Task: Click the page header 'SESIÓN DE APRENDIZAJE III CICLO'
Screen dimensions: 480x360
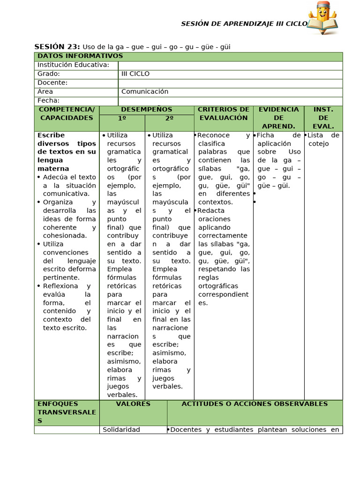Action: click(244, 24)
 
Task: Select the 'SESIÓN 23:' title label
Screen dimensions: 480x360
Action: click(57, 46)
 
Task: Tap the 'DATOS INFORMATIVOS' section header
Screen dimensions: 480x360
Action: click(80, 56)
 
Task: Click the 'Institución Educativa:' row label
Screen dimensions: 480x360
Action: click(73, 65)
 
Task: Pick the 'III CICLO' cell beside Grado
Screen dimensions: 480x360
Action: click(135, 74)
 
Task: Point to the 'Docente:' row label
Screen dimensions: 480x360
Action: click(52, 83)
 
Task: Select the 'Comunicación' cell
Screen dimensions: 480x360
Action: click(144, 92)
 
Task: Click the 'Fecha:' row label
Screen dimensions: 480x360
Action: click(48, 101)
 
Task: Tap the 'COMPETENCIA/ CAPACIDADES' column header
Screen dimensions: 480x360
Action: click(67, 114)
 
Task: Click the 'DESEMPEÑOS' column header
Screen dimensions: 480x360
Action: click(147, 110)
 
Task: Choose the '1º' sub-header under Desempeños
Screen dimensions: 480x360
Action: click(122, 119)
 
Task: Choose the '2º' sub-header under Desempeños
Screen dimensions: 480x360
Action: click(169, 119)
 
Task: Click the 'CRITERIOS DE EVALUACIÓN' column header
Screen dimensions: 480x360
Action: click(224, 114)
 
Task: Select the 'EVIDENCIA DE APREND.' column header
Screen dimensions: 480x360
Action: click(278, 118)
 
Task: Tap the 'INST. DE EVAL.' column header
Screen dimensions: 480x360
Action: click(323, 118)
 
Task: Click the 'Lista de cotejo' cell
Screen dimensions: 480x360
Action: click(323, 140)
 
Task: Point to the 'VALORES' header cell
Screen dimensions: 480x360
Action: click(133, 404)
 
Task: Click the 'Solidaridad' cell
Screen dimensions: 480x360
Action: click(121, 430)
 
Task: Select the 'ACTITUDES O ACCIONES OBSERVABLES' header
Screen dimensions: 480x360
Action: click(255, 404)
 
